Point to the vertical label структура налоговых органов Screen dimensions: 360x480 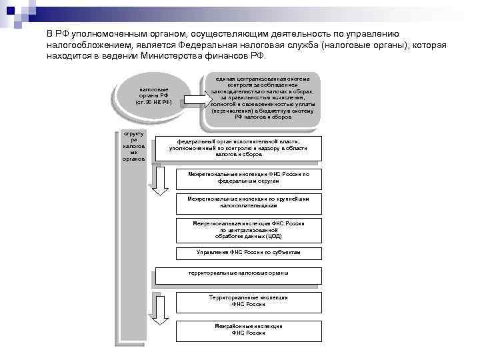130,146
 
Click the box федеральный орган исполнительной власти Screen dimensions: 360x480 237,148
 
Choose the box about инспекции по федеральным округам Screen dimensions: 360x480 249,178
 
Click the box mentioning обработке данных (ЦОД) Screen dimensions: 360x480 249,230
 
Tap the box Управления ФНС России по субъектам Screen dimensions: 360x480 249,253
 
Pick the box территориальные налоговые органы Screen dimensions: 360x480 238,275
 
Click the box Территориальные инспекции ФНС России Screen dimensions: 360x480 249,301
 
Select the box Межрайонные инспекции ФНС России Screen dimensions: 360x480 249,329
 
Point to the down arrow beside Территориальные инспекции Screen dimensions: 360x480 160,310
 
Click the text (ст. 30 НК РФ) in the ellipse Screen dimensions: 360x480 154,102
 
